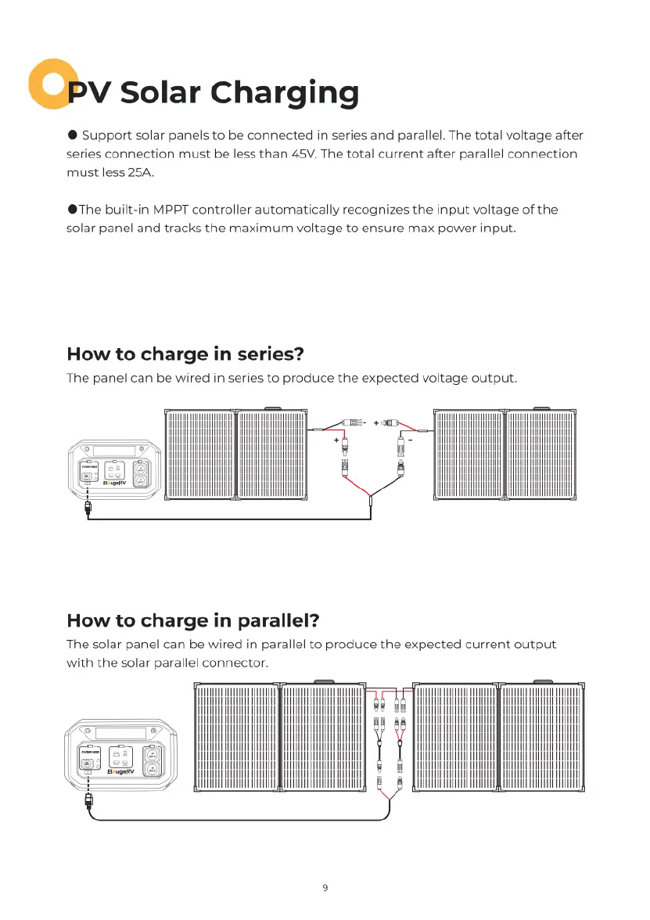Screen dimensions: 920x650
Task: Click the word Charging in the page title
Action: (x=285, y=93)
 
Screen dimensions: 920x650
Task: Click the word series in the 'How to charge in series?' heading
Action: (x=264, y=354)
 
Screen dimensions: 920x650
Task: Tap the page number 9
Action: (x=325, y=887)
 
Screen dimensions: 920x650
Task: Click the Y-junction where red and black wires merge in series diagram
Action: (x=369, y=496)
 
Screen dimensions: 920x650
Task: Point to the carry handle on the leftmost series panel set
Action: (x=271, y=408)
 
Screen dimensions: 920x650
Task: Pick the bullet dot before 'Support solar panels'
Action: (x=72, y=135)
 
